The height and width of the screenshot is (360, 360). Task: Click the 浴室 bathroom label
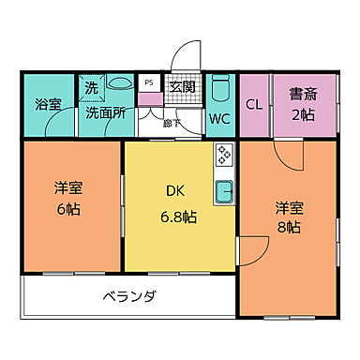tap(47, 104)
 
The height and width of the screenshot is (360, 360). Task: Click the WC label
tap(219, 119)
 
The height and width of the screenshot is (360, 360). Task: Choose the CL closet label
tap(254, 104)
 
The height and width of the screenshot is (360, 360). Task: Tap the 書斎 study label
tap(301, 94)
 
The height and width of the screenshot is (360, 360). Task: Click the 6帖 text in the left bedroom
tap(67, 208)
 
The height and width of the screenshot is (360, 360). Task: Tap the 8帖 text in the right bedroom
tap(288, 227)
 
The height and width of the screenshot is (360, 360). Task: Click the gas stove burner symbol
tap(224, 154)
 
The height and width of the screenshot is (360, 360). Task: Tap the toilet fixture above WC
tap(219, 90)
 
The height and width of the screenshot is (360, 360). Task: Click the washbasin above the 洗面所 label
tap(120, 84)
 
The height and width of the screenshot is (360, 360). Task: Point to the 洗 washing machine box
tap(92, 87)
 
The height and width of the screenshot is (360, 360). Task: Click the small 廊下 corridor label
tap(168, 122)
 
